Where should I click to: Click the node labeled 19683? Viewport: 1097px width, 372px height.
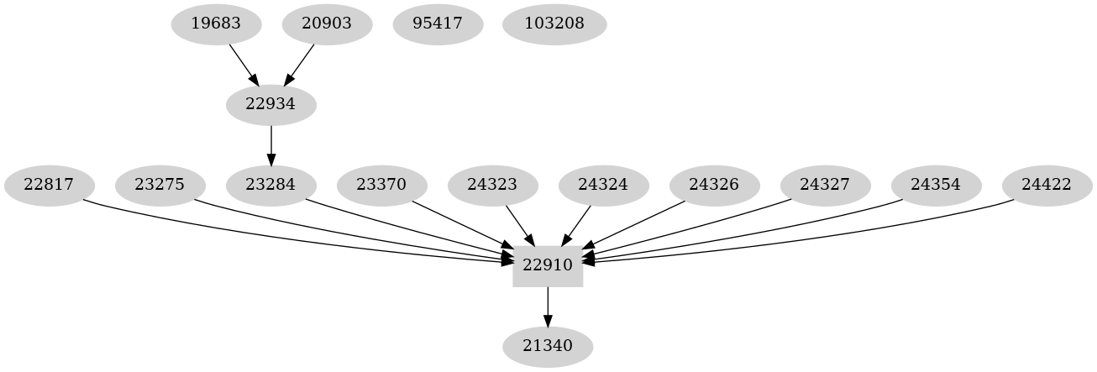(x=216, y=24)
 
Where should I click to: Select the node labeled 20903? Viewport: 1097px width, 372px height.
(x=326, y=24)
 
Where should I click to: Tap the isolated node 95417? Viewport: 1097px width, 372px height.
(x=438, y=24)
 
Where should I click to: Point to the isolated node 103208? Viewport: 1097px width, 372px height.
(x=554, y=24)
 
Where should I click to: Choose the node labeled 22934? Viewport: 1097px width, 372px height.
(x=271, y=105)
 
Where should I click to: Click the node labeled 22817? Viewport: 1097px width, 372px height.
(x=49, y=185)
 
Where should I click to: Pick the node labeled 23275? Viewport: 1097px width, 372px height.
(x=160, y=185)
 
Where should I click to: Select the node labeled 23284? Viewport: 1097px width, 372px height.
(x=271, y=185)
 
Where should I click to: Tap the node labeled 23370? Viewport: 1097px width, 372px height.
(x=381, y=185)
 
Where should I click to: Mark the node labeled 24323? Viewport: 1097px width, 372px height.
(x=492, y=185)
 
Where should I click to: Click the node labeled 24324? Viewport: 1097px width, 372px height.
(x=604, y=185)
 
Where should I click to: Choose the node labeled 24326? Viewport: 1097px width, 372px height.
(x=715, y=185)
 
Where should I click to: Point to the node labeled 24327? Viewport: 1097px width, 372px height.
(x=826, y=185)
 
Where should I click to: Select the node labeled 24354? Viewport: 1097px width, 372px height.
(x=937, y=185)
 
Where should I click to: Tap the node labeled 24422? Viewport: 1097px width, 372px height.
(x=1047, y=185)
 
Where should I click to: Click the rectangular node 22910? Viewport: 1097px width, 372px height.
(x=548, y=265)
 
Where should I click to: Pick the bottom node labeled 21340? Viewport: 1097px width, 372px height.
(x=548, y=346)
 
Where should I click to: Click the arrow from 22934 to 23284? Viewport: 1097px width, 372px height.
(x=271, y=144)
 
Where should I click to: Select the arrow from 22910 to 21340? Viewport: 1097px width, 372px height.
(x=548, y=306)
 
